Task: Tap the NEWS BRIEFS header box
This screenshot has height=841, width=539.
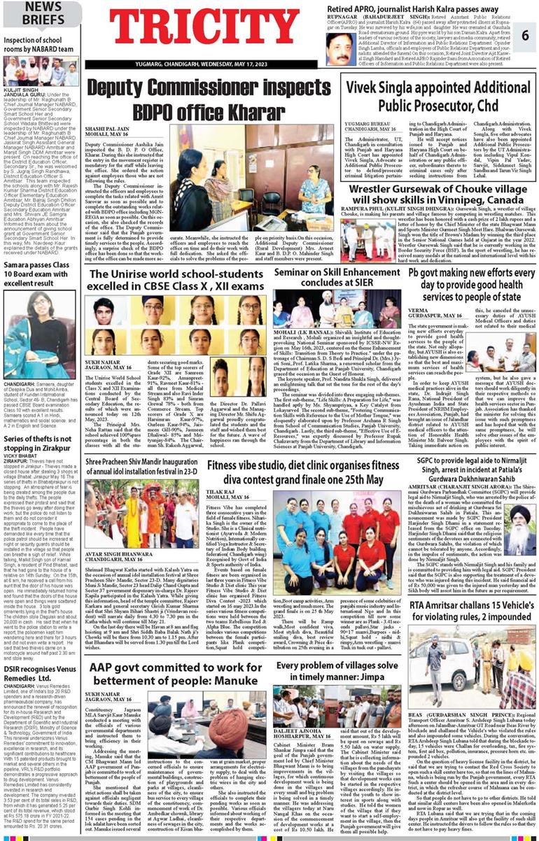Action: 33,14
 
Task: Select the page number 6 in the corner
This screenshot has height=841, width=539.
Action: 525,36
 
